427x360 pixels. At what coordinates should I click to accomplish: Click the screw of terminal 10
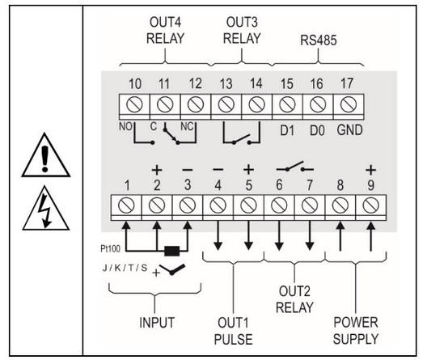[134, 104]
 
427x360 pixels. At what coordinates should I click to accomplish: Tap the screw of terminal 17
[349, 104]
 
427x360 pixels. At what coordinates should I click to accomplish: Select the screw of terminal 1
[126, 205]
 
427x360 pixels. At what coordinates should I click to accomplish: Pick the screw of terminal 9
[371, 205]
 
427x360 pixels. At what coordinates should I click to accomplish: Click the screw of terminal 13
[226, 104]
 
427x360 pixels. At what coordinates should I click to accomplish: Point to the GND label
[349, 130]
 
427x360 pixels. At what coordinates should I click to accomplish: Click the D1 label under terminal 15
[287, 130]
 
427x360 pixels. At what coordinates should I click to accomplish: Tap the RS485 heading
[319, 40]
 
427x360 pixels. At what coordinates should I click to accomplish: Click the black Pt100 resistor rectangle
[172, 251]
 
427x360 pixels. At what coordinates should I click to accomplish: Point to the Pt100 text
[110, 248]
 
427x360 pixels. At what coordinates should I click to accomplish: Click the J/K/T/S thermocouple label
[125, 268]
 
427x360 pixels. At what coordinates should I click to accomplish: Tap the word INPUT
[157, 323]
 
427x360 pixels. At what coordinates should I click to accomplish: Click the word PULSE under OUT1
[234, 339]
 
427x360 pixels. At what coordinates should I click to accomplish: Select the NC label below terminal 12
[187, 126]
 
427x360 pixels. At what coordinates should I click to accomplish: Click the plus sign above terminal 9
[371, 170]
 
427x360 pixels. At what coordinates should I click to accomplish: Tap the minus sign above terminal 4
[218, 170]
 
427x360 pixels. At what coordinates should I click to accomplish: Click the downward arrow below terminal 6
[279, 235]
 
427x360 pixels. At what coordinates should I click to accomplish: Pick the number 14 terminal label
[256, 83]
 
